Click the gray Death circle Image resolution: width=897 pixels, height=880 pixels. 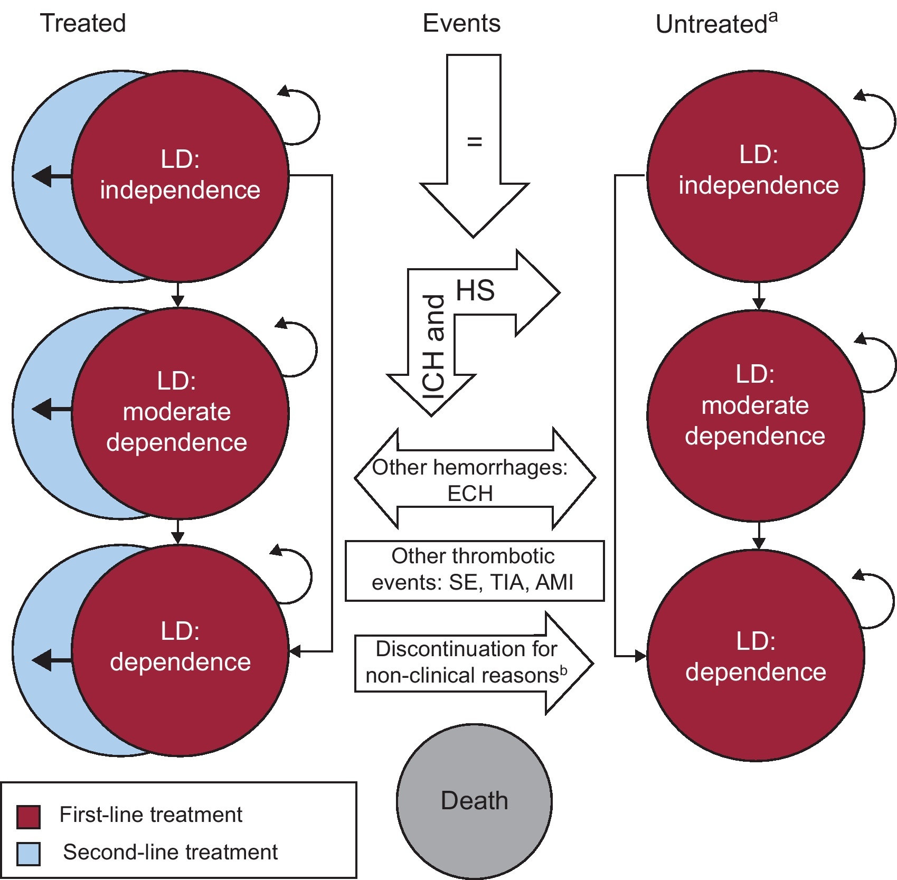[x=474, y=801]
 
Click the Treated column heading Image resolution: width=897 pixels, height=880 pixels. [x=83, y=23]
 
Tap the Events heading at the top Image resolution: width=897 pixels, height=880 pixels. [x=461, y=23]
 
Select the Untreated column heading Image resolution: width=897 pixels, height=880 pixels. [x=711, y=24]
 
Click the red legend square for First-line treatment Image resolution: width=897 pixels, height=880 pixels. [x=29, y=817]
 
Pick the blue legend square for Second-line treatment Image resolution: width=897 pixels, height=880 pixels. [x=29, y=854]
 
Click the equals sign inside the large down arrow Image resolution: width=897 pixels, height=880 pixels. [x=475, y=141]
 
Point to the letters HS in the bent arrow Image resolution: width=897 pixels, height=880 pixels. [x=475, y=290]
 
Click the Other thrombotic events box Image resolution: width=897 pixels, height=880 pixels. [x=474, y=570]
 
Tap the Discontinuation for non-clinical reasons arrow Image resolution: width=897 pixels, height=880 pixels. [x=467, y=663]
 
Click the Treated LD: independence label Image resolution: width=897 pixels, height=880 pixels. [x=180, y=175]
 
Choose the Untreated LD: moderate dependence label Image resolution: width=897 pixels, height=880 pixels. [x=755, y=405]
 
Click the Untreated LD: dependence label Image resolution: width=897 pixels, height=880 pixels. [x=756, y=656]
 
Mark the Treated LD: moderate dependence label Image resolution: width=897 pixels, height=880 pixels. [x=177, y=411]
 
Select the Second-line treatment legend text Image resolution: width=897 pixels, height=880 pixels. [x=170, y=852]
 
